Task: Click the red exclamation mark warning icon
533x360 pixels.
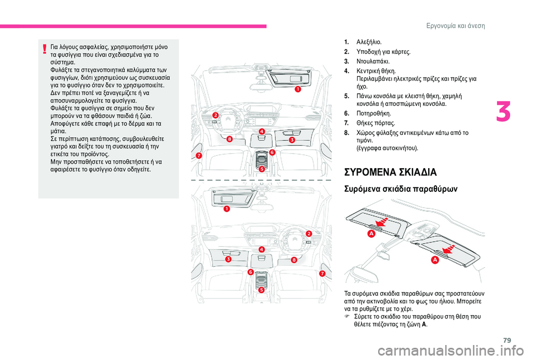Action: (44, 50)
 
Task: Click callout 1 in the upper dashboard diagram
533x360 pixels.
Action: (298, 89)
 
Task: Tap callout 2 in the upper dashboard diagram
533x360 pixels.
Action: (216, 116)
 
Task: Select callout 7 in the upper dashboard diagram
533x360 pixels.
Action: (199, 155)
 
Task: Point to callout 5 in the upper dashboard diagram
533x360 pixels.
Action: (262, 169)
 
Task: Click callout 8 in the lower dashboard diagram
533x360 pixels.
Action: (294, 260)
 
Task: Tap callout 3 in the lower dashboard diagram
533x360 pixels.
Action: (228, 259)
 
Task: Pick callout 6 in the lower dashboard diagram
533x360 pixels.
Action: (251, 272)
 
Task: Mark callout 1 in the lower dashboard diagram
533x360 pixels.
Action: (227, 209)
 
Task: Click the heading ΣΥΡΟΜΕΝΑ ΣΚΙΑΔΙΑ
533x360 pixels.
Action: (390, 173)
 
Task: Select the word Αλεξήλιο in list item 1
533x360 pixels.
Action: (369, 43)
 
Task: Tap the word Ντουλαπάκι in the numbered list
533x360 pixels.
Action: (373, 62)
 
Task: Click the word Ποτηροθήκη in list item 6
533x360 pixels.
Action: (374, 113)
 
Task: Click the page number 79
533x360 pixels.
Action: (507, 340)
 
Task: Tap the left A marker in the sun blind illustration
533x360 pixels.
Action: (371, 234)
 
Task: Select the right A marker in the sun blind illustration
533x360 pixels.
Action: (435, 260)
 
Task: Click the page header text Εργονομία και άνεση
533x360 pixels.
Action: (455, 26)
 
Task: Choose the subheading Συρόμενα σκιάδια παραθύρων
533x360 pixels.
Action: (401, 189)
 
